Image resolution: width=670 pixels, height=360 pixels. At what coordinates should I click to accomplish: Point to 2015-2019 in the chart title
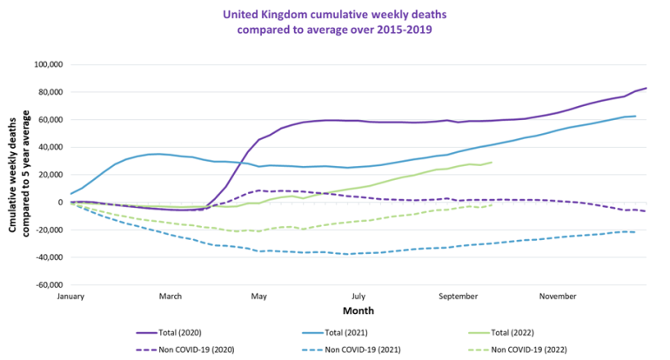point(403,30)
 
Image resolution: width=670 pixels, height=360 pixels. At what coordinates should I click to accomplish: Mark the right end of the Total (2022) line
point(492,163)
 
